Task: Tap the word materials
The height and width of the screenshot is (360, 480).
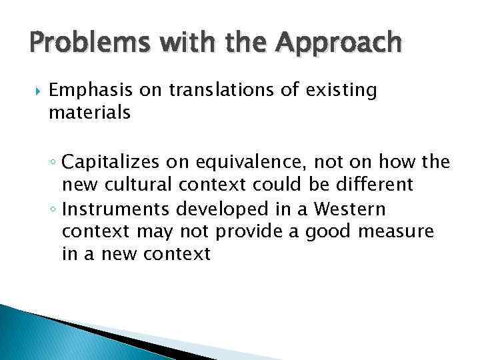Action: pos(89,113)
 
